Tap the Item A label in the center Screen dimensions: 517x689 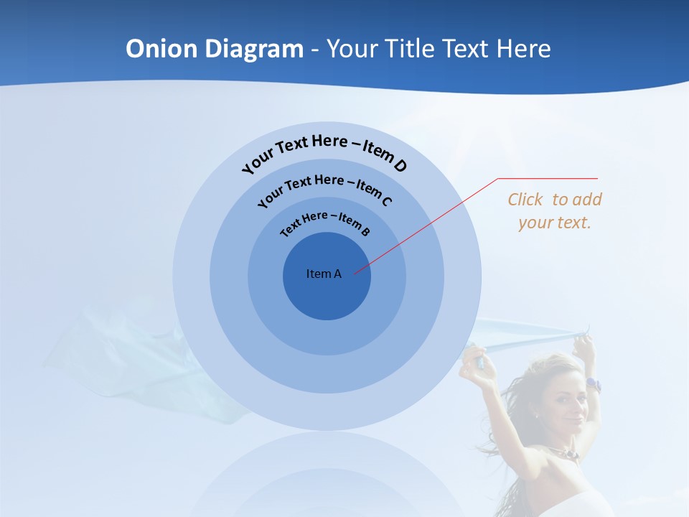coord(324,274)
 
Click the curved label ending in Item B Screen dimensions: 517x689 coord(325,222)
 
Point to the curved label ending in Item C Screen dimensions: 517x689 coord(324,188)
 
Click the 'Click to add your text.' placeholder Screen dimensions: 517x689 coord(555,211)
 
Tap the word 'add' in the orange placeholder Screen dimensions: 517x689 coord(587,200)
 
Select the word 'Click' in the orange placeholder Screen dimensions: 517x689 coord(526,200)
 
